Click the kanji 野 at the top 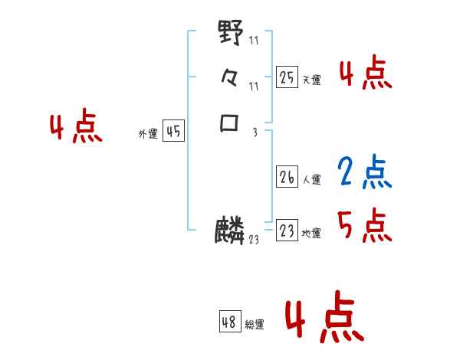click(231, 33)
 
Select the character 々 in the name click(231, 77)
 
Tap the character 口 click(230, 123)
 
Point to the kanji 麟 click(230, 231)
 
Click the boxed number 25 click(287, 77)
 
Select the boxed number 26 click(287, 178)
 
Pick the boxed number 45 click(173, 132)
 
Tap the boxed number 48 click(229, 322)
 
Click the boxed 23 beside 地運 click(287, 231)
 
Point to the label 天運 click(311, 80)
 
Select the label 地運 click(311, 234)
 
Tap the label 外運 click(148, 134)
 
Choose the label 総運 click(255, 325)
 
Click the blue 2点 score click(365, 172)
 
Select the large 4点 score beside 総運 click(323, 320)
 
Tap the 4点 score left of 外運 click(76, 128)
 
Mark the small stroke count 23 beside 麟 click(254, 240)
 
